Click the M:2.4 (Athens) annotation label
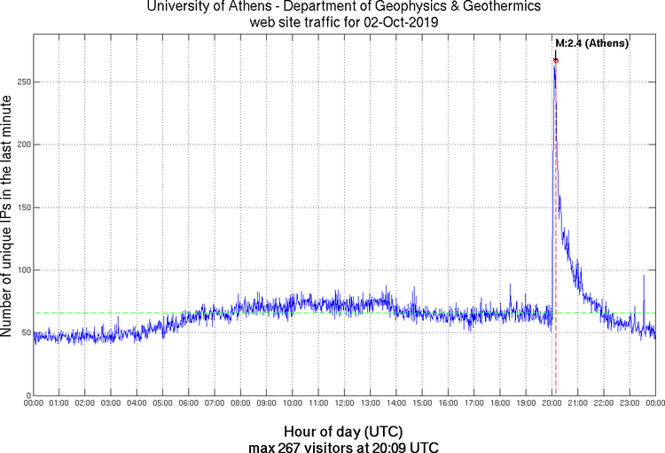[591, 43]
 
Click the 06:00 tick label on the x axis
[189, 403]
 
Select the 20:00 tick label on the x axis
[552, 403]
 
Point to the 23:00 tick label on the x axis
[630, 403]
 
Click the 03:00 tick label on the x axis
[112, 403]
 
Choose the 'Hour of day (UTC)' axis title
[345, 431]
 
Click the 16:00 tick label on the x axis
[448, 403]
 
